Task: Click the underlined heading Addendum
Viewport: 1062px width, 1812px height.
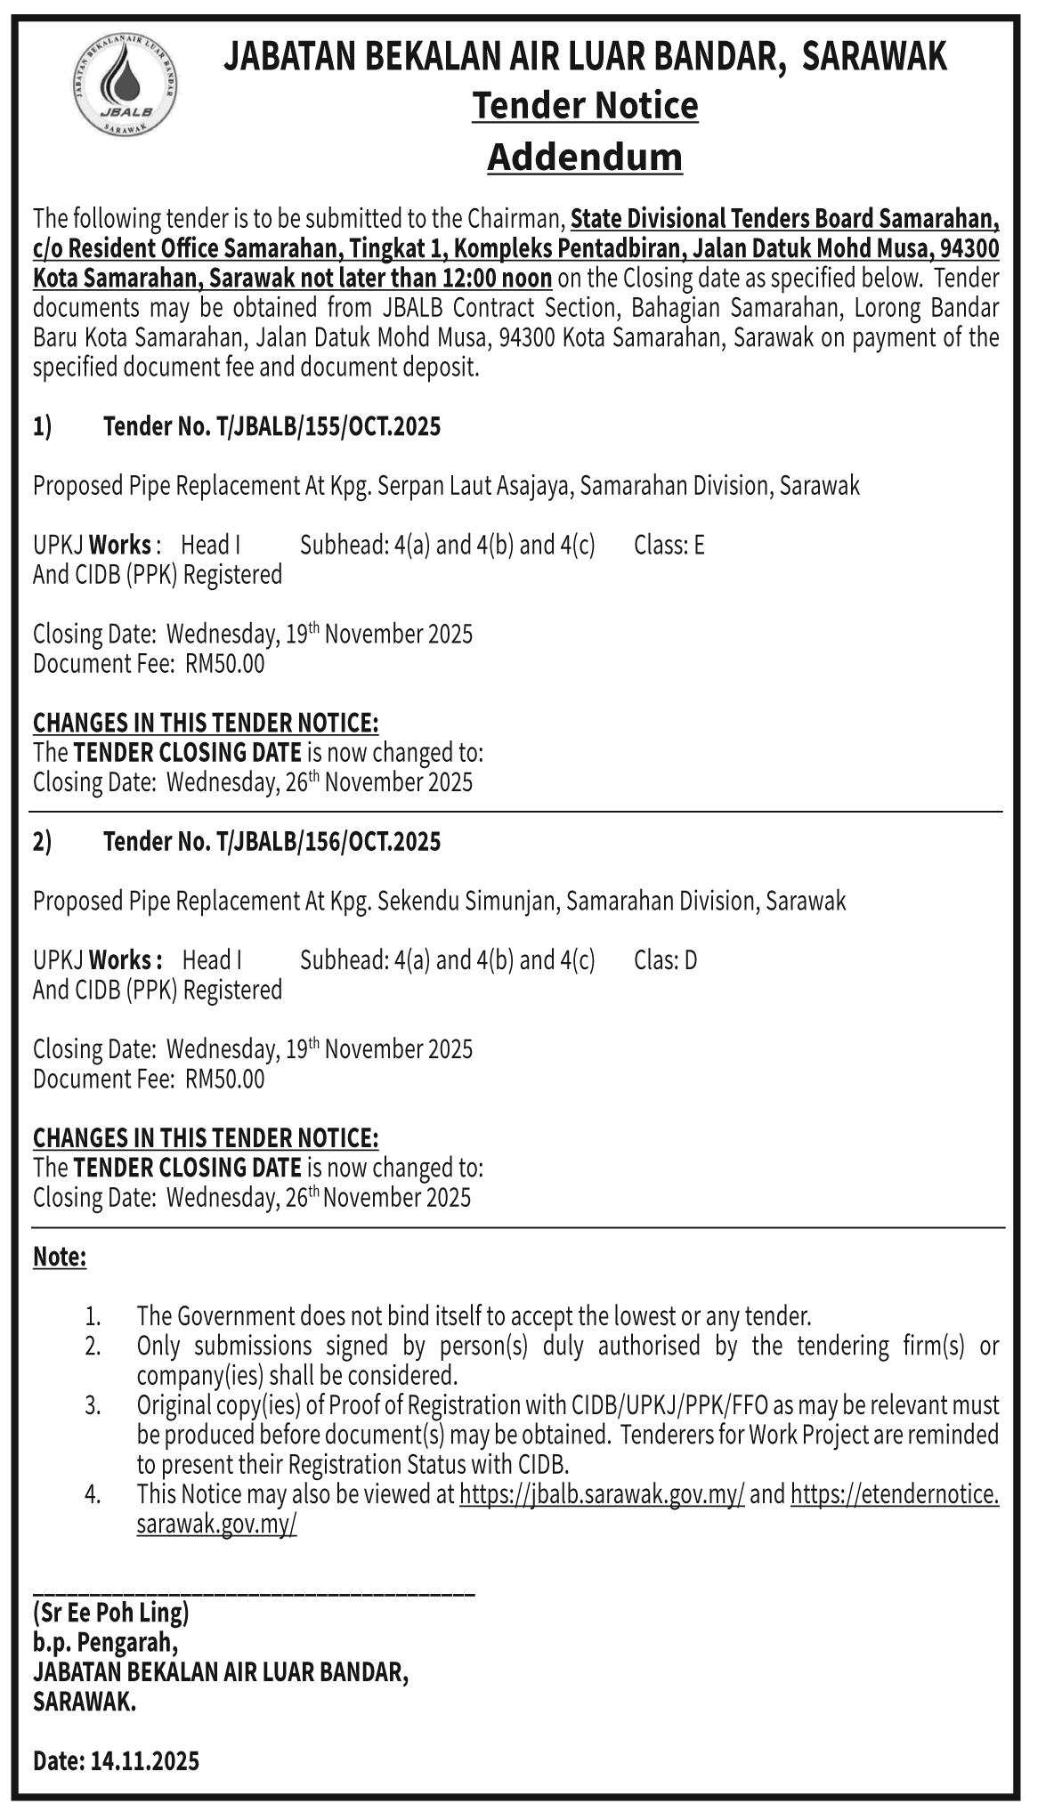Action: (x=585, y=158)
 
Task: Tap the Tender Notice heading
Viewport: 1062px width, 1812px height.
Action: (x=585, y=106)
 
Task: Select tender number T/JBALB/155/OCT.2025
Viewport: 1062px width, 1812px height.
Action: (x=327, y=427)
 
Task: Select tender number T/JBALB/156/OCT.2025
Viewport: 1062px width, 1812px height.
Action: (x=327, y=842)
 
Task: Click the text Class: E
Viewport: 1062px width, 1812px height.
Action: (x=669, y=545)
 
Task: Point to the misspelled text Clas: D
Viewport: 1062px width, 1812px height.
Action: (x=666, y=960)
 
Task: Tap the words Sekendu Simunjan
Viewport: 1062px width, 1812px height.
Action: (x=468, y=902)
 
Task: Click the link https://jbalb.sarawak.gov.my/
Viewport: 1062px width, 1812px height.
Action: (x=602, y=1494)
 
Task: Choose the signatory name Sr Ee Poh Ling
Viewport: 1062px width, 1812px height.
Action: (x=111, y=1612)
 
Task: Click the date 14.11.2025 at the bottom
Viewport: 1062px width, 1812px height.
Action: (x=145, y=1760)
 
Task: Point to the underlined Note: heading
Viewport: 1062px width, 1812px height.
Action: (x=60, y=1258)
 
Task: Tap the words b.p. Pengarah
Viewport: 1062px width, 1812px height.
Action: (x=106, y=1641)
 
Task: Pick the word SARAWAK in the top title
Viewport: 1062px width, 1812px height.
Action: (x=874, y=59)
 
